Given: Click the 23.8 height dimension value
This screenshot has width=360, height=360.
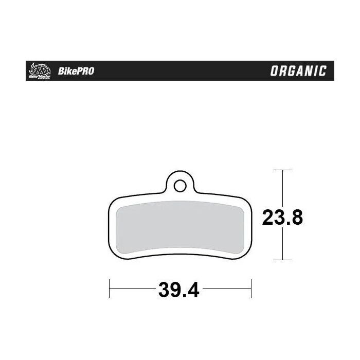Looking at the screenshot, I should tap(282, 218).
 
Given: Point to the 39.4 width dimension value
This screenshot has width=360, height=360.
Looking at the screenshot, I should tap(178, 291).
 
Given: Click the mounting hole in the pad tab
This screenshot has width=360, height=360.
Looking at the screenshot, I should tap(179, 184).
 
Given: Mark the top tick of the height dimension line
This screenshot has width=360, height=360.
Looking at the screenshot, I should tap(282, 170).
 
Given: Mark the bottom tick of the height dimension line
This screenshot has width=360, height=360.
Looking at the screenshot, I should tap(282, 260).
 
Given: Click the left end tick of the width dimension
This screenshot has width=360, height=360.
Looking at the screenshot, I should tap(109, 288).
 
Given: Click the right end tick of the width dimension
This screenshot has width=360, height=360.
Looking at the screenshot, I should tap(250, 288).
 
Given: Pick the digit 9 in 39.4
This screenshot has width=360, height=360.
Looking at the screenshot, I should tap(173, 291).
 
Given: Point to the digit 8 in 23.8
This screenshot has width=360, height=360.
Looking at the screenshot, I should tap(296, 218).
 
